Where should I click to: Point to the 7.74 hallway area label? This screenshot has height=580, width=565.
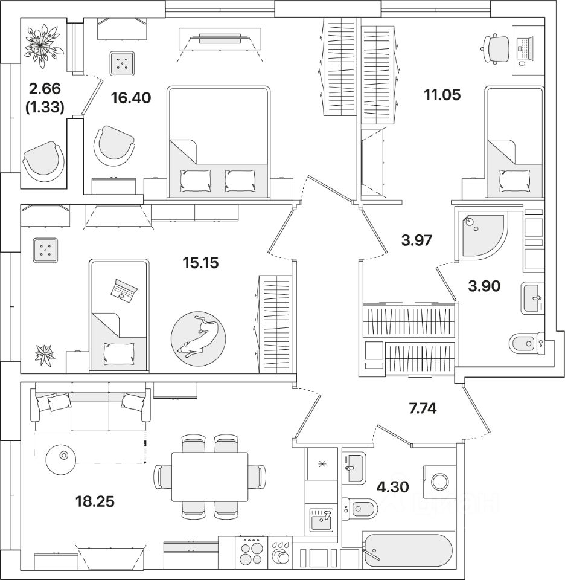click(x=423, y=408)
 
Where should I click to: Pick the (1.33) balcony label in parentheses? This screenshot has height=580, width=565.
click(x=45, y=108)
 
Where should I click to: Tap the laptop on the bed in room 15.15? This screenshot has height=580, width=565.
click(x=124, y=291)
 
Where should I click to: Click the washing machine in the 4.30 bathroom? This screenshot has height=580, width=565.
click(x=439, y=482)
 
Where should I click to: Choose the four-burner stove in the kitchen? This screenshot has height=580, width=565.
click(x=252, y=550)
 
